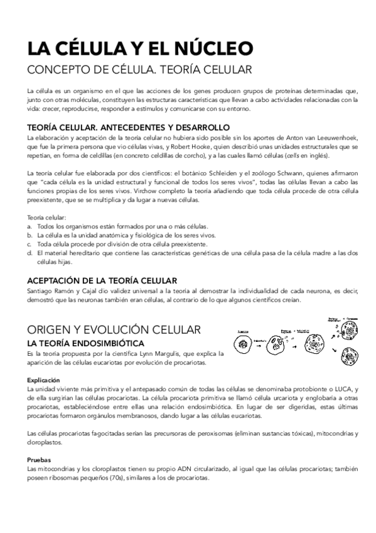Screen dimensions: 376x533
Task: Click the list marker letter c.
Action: click(29, 244)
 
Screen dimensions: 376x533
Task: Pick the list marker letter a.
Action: click(29, 226)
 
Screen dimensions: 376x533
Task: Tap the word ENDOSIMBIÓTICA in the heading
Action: click(99, 343)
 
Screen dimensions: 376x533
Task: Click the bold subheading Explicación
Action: click(43, 380)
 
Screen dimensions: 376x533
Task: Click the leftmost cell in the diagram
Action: click(243, 343)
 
